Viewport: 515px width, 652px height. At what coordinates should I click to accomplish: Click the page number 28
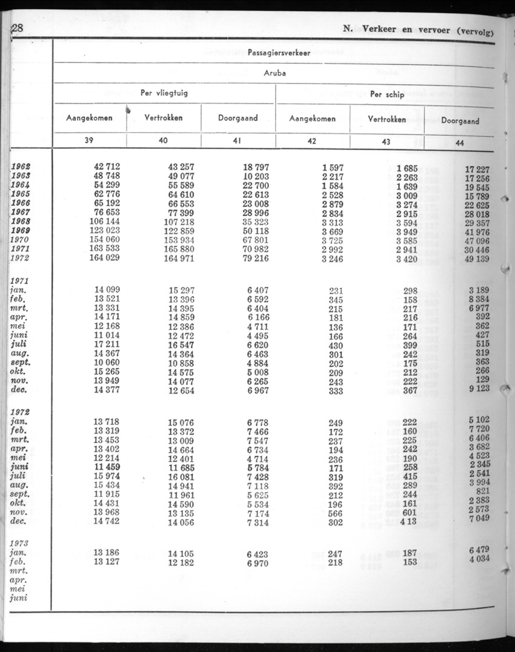[x=17, y=28]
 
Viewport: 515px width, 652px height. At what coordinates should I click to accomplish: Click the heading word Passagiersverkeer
[x=279, y=53]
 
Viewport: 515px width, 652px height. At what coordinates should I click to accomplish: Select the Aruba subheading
[x=275, y=73]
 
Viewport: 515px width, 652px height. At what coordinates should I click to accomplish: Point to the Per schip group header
[x=387, y=94]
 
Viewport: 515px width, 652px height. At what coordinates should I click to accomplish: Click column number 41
[x=237, y=140]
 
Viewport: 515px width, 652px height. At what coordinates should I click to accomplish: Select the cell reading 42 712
[x=107, y=167]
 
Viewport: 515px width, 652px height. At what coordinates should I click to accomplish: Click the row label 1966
[x=21, y=203]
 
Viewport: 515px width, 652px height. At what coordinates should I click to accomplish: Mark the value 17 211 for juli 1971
[x=108, y=344]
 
